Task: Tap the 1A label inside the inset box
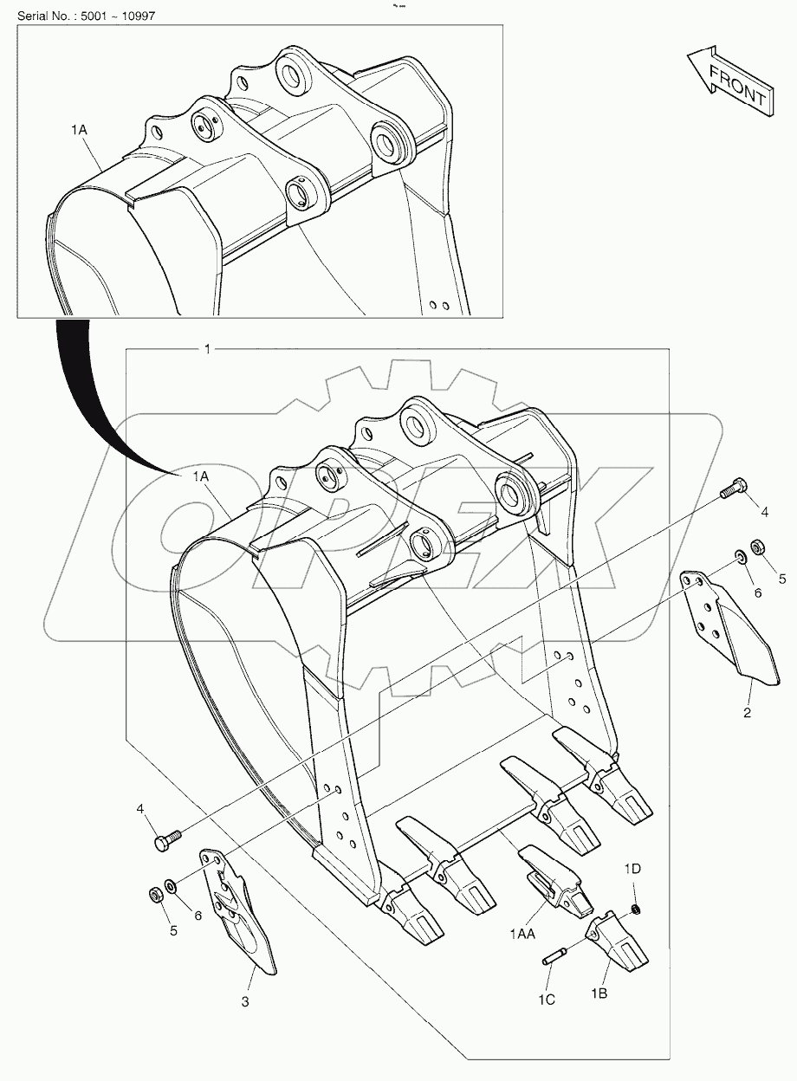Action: tap(79, 129)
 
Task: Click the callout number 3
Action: tap(245, 1002)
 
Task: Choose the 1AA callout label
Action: tap(522, 933)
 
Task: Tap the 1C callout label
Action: tap(546, 999)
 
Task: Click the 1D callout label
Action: tap(633, 868)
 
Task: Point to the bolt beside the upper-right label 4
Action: tap(734, 489)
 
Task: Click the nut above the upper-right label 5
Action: tap(756, 547)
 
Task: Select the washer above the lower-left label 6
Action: tap(170, 886)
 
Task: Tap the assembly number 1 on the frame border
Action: tap(206, 349)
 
